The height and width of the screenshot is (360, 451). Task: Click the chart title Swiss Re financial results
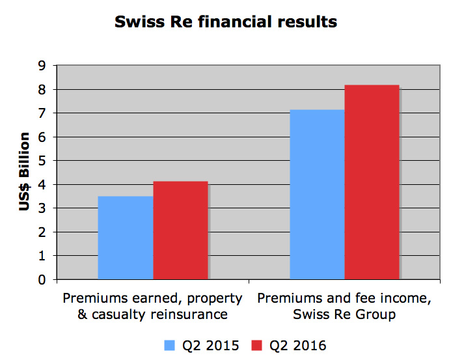225,21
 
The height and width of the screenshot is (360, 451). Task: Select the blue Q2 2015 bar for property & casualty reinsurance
126,238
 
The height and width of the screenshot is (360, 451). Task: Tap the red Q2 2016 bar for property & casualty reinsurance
180,230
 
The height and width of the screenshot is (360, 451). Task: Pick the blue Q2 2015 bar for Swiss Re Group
317,195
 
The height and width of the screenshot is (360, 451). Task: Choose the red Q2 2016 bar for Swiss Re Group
372,182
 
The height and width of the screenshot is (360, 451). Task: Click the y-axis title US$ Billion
25,172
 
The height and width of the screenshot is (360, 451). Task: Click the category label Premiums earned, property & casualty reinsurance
152,307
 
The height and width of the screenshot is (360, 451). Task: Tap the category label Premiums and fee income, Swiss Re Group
344,307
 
